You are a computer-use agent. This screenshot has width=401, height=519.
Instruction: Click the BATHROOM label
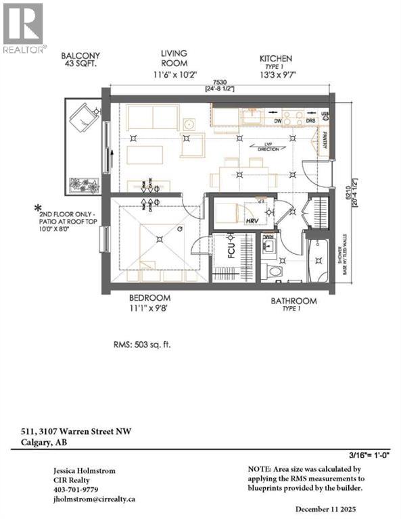click(294, 301)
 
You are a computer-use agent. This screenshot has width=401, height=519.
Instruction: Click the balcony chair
click(83, 119)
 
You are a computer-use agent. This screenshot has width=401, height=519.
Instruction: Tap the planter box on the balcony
click(84, 183)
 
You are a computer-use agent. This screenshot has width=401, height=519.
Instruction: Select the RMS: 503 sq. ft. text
click(142, 345)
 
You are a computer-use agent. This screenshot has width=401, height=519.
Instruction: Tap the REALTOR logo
click(24, 28)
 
